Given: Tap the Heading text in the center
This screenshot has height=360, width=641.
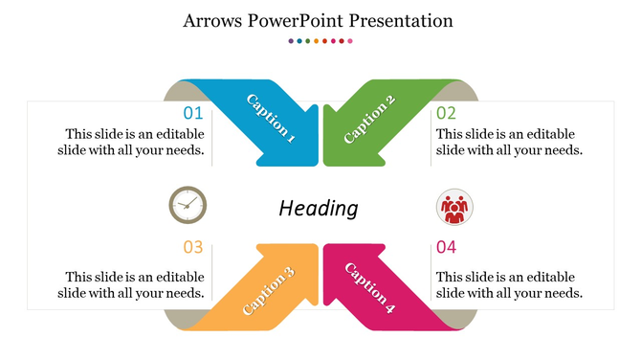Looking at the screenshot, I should [319, 208].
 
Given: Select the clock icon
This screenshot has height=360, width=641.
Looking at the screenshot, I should [188, 204].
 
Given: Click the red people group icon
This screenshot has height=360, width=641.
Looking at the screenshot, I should [454, 207].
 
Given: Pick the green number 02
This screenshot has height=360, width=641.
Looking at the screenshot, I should [447, 113].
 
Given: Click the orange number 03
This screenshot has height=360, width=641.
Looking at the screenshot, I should [193, 247].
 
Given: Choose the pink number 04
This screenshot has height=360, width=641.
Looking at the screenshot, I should [447, 247].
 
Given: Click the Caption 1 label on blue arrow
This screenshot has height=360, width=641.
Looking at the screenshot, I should [270, 119].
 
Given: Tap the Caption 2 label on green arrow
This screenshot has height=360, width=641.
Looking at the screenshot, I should [369, 120].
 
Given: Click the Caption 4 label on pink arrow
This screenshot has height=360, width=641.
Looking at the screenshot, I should [369, 288].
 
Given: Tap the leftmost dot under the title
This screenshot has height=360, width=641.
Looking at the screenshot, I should [291, 41].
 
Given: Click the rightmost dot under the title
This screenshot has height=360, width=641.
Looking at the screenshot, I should [350, 41].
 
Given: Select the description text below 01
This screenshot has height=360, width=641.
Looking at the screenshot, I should [134, 142].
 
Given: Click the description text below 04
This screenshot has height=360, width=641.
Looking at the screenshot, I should [509, 284].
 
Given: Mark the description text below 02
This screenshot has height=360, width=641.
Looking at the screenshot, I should [509, 142].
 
